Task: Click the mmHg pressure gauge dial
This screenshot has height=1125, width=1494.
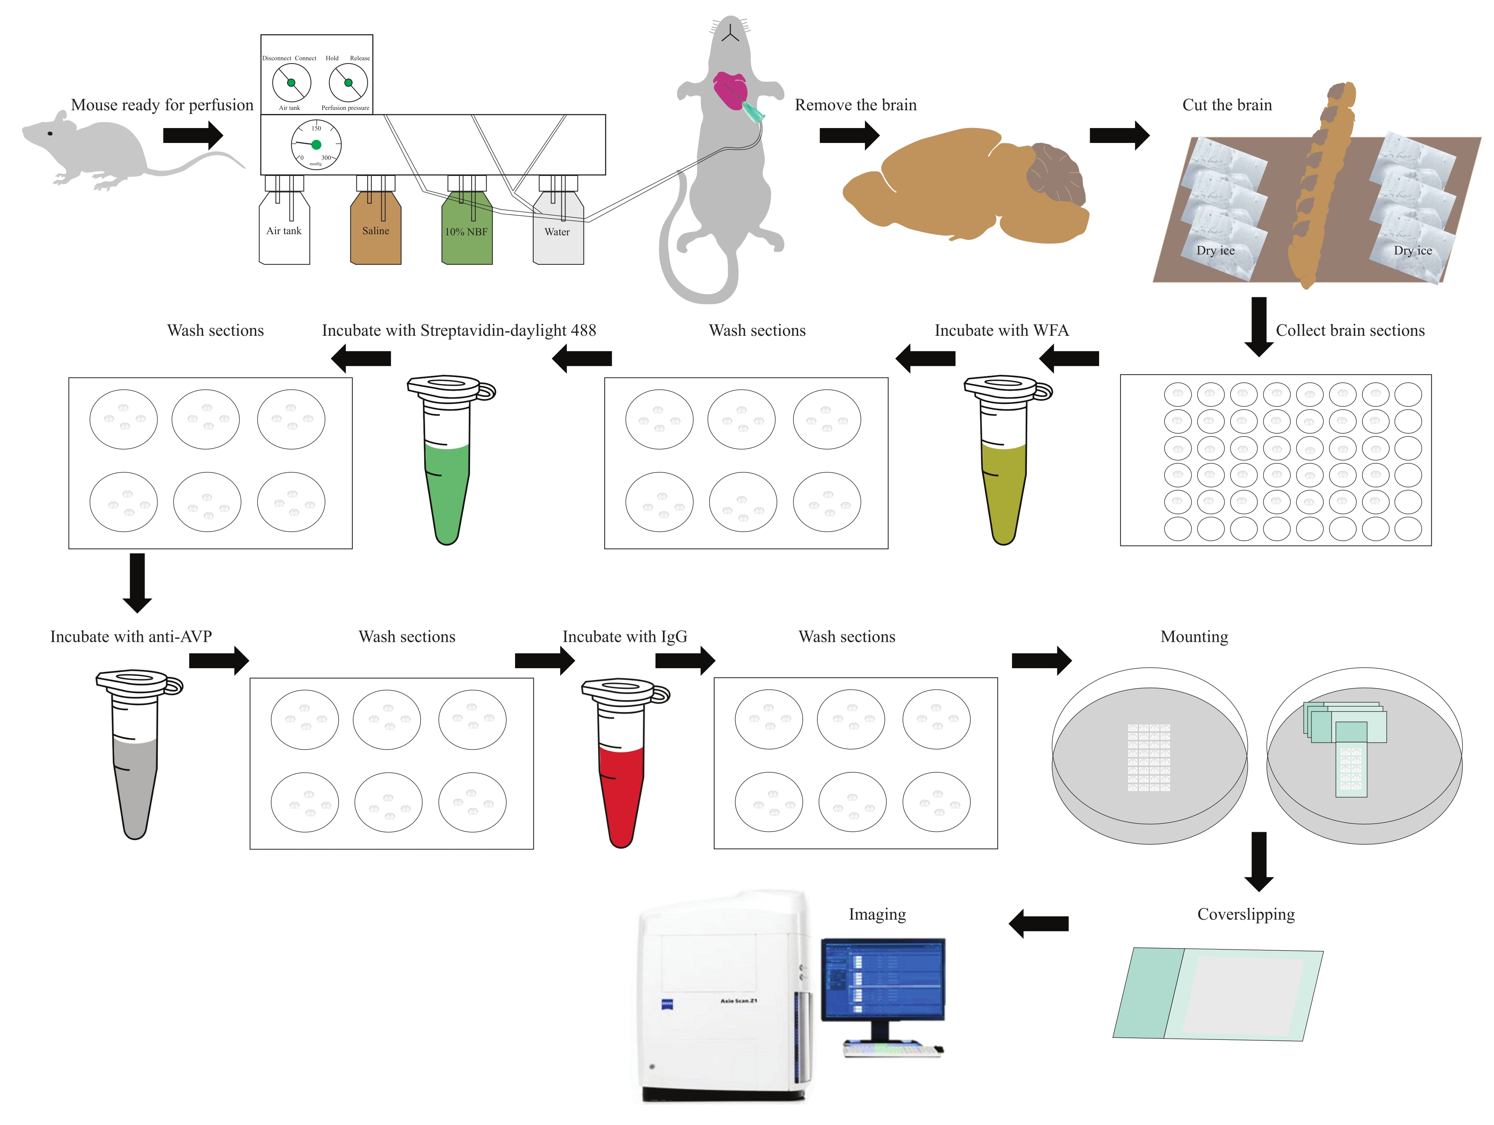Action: coord(316,145)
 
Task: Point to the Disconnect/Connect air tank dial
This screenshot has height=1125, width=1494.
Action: coord(291,83)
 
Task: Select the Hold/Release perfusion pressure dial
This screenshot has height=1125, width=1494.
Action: coord(348,83)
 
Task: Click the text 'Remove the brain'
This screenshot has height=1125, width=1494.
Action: coord(855,105)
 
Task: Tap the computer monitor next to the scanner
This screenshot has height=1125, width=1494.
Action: coord(883,979)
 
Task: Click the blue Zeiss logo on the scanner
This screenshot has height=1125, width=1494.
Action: coord(667,1004)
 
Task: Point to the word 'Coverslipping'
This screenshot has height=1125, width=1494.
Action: coord(1245,914)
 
